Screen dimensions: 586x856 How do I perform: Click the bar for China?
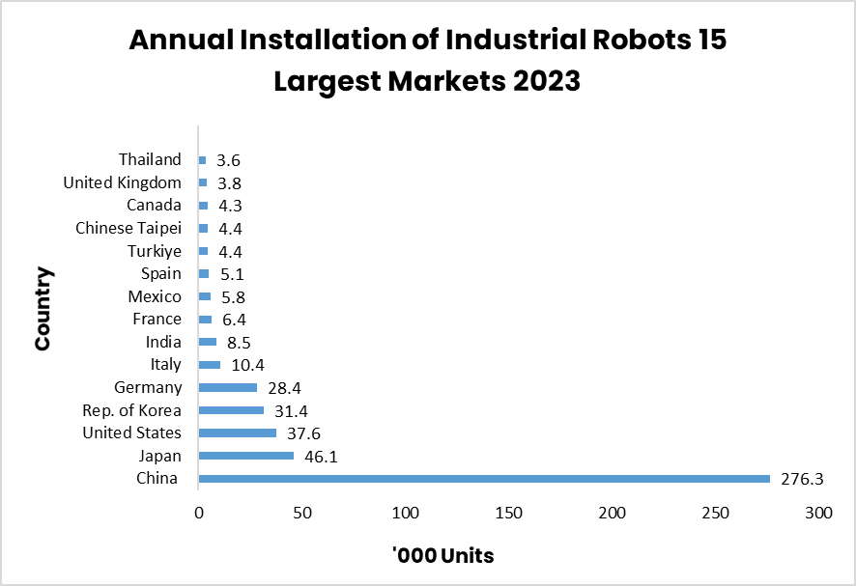coord(483,479)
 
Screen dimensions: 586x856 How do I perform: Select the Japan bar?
coord(245,456)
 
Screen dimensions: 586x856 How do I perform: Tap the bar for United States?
coord(237,433)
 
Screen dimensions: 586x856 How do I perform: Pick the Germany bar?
coord(227,387)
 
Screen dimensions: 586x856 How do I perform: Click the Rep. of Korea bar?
coord(231,410)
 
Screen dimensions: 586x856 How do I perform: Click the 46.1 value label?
coord(322,456)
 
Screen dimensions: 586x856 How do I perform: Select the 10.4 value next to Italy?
coord(247,365)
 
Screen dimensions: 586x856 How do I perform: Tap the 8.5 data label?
coord(240,342)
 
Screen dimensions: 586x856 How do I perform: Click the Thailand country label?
coord(150,159)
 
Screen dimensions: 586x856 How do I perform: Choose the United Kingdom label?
coord(122,182)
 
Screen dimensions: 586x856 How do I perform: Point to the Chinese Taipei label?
coord(128,228)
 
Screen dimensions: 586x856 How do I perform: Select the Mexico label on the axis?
coord(155,296)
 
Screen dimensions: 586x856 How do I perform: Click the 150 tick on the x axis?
coord(508,513)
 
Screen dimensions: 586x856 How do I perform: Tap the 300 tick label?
coord(818,513)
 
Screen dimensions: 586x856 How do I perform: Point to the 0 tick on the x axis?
coord(199,513)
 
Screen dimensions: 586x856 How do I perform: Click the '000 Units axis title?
coord(443,556)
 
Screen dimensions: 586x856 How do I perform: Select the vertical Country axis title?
coord(43,309)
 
